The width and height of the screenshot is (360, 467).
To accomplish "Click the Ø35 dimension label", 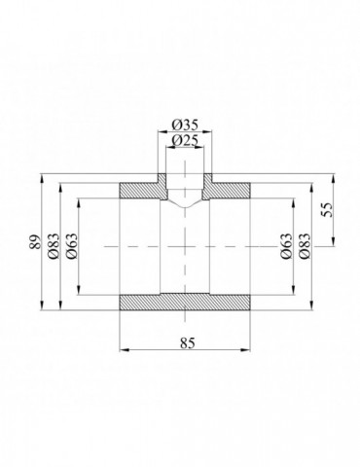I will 184,126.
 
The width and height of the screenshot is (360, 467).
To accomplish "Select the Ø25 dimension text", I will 184,142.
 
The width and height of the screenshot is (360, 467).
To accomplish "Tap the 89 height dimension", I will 36,243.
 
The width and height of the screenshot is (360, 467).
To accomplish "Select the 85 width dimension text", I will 184,341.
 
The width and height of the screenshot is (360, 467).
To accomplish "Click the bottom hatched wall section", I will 184,302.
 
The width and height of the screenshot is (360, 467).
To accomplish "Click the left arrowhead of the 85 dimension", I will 123,349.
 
